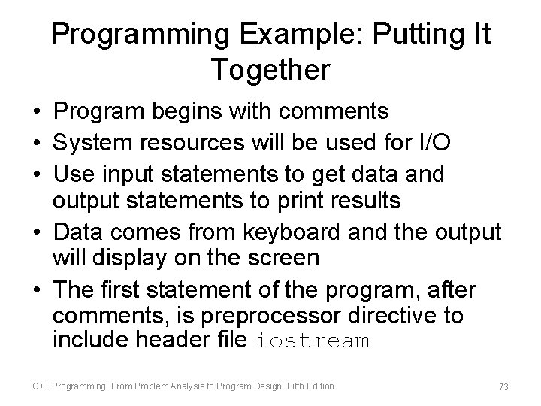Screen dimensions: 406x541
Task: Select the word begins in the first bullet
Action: click(171, 112)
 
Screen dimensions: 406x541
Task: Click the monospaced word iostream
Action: click(313, 341)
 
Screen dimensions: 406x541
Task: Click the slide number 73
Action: click(503, 386)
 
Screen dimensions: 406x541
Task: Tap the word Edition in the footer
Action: click(319, 386)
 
